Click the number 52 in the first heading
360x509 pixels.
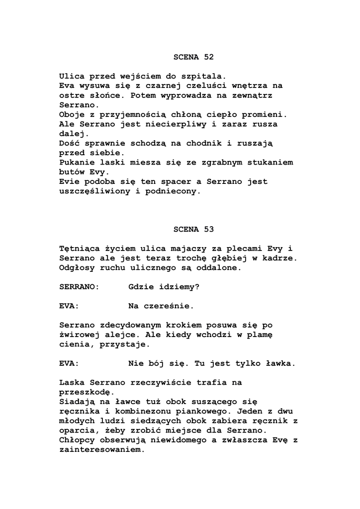pyautogui.click(x=208, y=57)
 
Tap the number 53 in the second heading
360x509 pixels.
pyautogui.click(x=208, y=229)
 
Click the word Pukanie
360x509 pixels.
pyautogui.click(x=76, y=163)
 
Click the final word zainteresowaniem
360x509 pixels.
pyautogui.click(x=101, y=449)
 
